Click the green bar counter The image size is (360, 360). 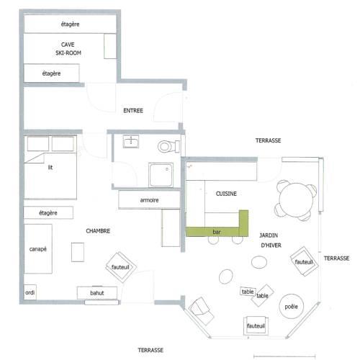pos(216,232)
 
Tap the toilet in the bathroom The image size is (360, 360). pos(168,146)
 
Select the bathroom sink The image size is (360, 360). pos(131,141)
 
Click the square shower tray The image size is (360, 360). pos(161,175)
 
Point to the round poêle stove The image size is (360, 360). pos(292,307)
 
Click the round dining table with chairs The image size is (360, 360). pos(297,200)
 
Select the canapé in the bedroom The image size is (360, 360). pos(38,249)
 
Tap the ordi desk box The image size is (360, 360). pos(30,292)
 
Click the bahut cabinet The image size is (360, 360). pos(97,293)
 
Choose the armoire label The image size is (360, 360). pos(149,200)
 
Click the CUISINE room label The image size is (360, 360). pos(226,194)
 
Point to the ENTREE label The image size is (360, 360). pos(133,110)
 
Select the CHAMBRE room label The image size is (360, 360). pos(98,231)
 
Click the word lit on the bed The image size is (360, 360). pos(50,167)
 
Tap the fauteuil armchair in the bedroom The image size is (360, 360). pos(121,267)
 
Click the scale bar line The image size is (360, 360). pos(284,356)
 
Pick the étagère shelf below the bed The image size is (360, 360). pos(48,212)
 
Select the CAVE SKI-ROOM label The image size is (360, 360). pos(68,49)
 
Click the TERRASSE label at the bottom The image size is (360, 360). pos(150,350)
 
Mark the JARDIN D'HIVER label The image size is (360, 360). pos(270,240)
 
